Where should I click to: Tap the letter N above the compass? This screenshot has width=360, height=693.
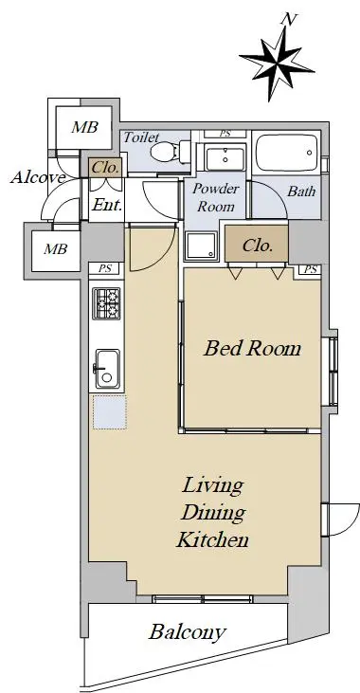pyautogui.click(x=289, y=20)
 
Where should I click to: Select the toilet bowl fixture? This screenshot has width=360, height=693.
pyautogui.click(x=171, y=153)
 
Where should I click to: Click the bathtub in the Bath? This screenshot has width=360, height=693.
pyautogui.click(x=287, y=153)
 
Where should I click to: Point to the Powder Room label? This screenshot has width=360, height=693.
pyautogui.click(x=216, y=197)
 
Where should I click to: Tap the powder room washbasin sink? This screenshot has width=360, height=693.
pyautogui.click(x=225, y=158)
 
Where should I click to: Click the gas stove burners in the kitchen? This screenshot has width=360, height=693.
pyautogui.click(x=106, y=303)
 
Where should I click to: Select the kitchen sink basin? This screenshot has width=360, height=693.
pyautogui.click(x=107, y=369)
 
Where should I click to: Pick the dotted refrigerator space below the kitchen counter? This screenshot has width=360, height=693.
pyautogui.click(x=110, y=411)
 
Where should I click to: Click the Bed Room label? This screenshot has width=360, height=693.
pyautogui.click(x=252, y=348)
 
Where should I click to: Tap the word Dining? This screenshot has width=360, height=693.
pyautogui.click(x=213, y=513)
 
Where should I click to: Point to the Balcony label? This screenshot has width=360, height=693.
pyautogui.click(x=188, y=632)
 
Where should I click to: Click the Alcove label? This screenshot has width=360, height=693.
pyautogui.click(x=38, y=177)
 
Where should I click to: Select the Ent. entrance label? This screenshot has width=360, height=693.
pyautogui.click(x=106, y=205)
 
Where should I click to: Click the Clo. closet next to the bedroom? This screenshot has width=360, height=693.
pyautogui.click(x=257, y=245)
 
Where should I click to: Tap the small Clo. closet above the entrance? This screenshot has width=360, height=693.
pyautogui.click(x=105, y=168)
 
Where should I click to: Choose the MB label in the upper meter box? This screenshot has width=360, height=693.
pyautogui.click(x=85, y=127)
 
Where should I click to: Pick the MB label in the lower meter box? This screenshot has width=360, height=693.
pyautogui.click(x=56, y=248)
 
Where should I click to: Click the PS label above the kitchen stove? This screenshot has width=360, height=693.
pyautogui.click(x=105, y=268)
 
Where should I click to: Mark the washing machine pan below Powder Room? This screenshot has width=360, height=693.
pyautogui.click(x=202, y=246)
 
